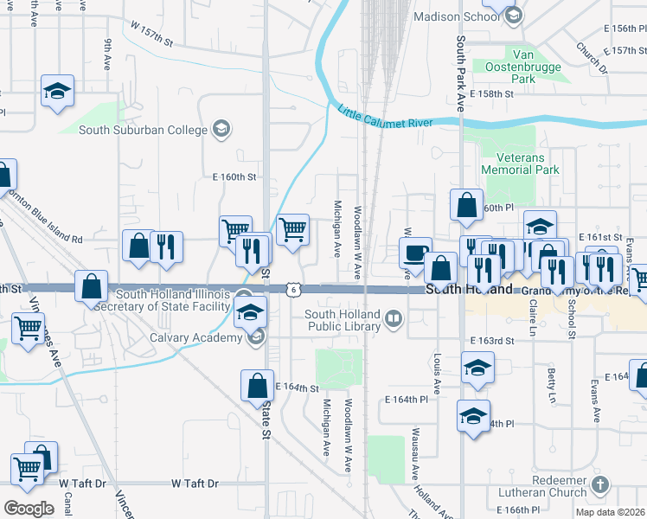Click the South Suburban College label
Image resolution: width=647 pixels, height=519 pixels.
[144, 131]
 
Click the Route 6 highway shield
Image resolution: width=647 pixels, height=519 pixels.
[296, 289]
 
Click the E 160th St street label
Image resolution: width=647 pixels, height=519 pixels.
[235, 176]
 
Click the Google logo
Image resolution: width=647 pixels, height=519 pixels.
[29, 509]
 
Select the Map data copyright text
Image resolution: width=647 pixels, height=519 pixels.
[609, 512]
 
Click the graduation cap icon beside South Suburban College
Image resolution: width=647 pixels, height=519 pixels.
[221, 130]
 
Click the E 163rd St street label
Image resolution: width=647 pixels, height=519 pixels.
[492, 342]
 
